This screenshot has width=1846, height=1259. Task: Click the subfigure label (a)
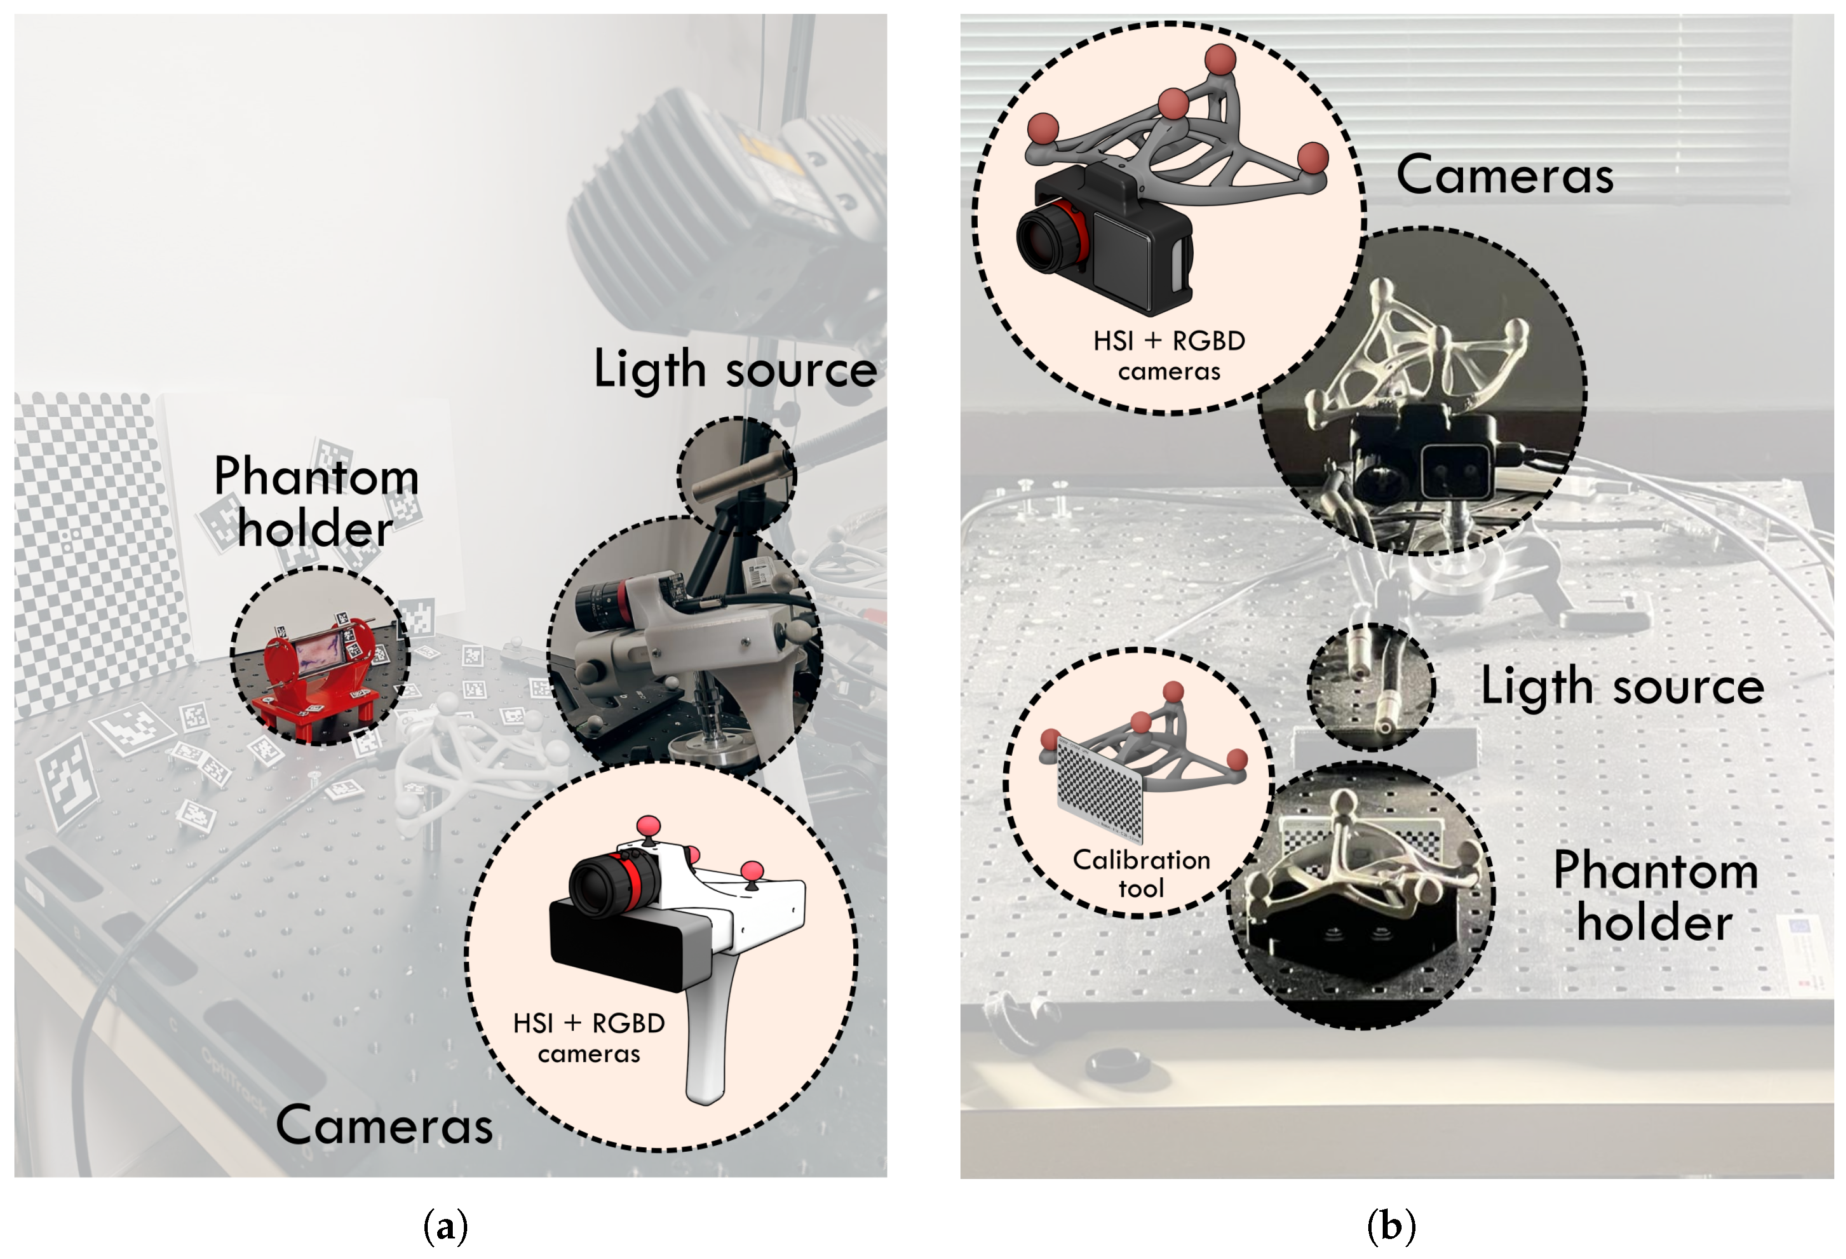pos(446,1226)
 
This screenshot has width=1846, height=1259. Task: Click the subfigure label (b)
pos(1391,1226)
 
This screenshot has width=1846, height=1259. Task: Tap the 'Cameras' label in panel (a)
pos(384,1126)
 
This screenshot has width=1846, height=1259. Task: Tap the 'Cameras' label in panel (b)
pos(1504,175)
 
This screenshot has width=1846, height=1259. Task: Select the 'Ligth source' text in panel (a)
pos(735,369)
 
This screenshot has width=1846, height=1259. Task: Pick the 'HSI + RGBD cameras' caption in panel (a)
pos(589,1037)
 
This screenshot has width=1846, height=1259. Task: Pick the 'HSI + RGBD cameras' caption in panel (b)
pos(1168,355)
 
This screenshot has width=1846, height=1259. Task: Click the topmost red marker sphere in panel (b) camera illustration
pos(1220,59)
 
